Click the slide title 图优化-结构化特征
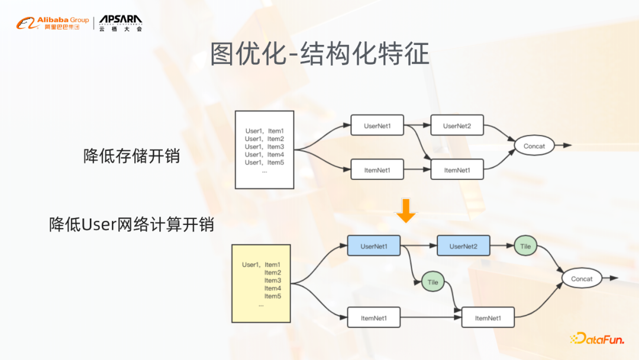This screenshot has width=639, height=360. (319, 54)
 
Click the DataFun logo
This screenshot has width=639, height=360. (598, 338)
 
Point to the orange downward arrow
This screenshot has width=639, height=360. (406, 211)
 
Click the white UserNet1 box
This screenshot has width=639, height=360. (377, 126)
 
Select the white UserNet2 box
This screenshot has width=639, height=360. (457, 126)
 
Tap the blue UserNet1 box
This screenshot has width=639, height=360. (373, 246)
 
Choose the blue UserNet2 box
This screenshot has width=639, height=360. (463, 246)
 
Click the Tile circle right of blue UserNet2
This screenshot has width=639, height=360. (525, 246)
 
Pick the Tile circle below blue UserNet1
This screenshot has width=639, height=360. (433, 282)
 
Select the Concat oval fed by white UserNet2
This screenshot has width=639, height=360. (534, 145)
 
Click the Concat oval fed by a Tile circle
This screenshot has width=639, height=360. (582, 278)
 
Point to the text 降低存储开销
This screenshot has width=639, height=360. (131, 156)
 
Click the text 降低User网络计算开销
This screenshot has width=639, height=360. (131, 224)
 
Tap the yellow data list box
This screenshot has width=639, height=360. (261, 283)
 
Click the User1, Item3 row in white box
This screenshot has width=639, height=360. (264, 147)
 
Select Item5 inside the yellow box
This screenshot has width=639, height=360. (272, 296)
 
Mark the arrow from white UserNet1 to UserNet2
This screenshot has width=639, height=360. (417, 126)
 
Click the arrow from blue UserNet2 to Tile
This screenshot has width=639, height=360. (501, 246)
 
